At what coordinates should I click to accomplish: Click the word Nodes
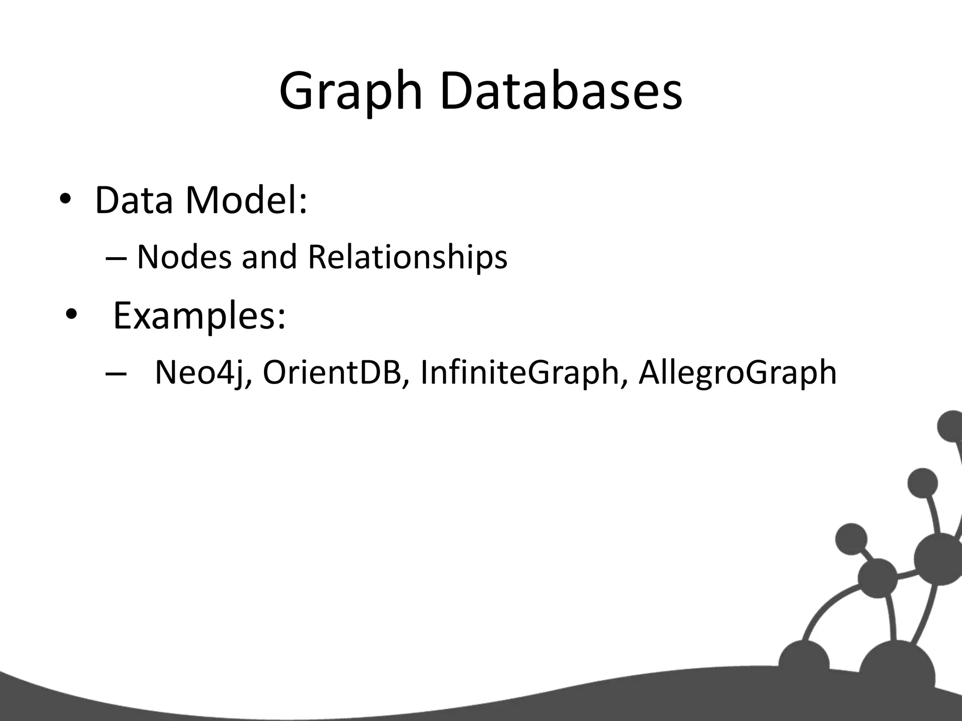pyautogui.click(x=184, y=258)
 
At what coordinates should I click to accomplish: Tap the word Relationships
pyautogui.click(x=407, y=258)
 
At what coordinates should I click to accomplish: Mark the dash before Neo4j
pyautogui.click(x=116, y=374)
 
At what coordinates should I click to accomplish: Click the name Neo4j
pyautogui.click(x=202, y=374)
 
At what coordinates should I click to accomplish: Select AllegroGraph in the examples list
pyautogui.click(x=737, y=374)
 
